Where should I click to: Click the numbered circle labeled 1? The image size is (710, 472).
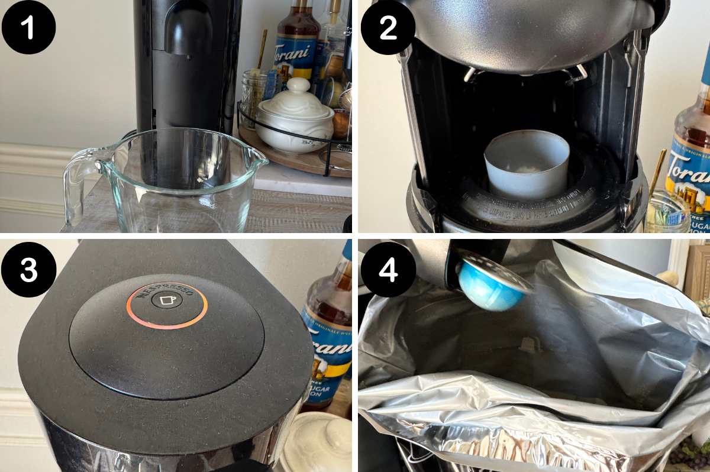(x=28, y=27)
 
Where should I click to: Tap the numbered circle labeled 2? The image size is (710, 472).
(x=388, y=27)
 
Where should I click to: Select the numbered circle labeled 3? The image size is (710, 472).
(x=28, y=269)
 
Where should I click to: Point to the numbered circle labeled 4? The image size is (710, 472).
(x=388, y=269)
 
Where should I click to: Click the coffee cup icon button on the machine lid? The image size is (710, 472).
(x=167, y=300)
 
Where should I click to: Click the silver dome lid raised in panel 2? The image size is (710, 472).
(x=527, y=33)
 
